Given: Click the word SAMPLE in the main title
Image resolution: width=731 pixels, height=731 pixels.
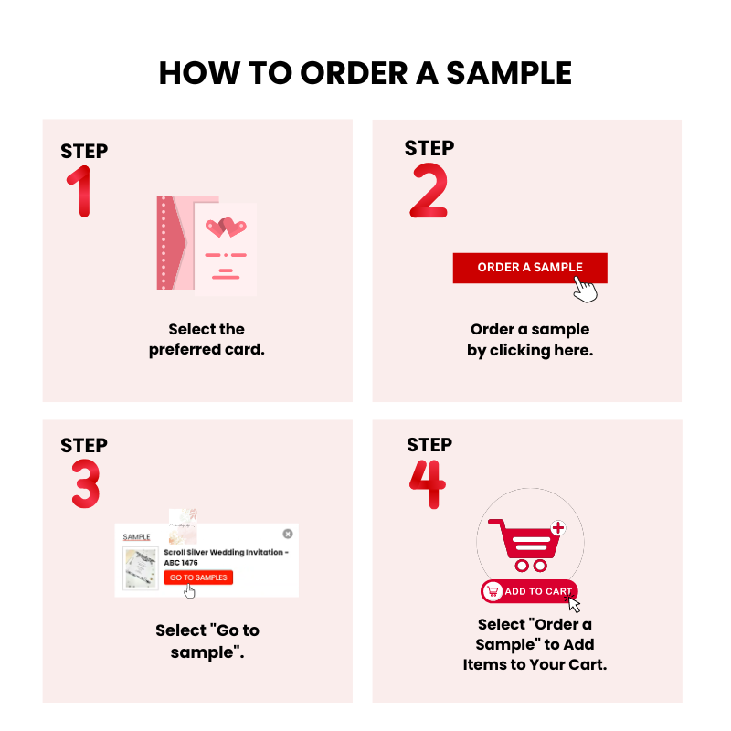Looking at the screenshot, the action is [509, 73].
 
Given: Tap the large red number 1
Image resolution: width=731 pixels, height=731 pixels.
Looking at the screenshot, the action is [80, 191].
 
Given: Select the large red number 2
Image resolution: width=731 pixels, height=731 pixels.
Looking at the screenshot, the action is [429, 190].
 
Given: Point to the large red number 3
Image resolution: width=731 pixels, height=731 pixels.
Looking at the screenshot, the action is [86, 483].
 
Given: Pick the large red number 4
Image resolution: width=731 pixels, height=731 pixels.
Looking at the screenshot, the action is [428, 484].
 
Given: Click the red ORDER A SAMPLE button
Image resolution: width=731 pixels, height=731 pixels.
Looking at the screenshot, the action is [530, 268].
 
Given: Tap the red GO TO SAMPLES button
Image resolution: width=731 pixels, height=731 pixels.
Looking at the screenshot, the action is [198, 577].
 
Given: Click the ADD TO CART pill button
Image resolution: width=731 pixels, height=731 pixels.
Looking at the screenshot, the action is [529, 591].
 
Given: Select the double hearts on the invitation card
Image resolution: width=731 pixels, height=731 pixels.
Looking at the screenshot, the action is [226, 227].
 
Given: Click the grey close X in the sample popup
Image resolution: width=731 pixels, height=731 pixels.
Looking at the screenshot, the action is [288, 534].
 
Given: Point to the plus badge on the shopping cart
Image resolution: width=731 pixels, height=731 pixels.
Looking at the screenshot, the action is [558, 528].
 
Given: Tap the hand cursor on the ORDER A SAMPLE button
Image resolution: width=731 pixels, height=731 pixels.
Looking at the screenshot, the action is [585, 290].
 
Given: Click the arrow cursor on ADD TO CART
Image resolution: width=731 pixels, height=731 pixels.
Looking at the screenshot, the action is [573, 603].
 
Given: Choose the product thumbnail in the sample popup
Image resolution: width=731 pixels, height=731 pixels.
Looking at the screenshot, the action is [141, 568].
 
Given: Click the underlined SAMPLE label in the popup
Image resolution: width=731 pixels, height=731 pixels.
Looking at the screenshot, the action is [136, 537].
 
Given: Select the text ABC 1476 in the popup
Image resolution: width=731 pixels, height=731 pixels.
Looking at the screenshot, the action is [181, 563].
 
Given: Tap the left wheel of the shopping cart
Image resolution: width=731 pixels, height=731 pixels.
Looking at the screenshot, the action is [522, 566].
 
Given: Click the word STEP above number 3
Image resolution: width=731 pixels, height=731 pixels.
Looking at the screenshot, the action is [84, 445].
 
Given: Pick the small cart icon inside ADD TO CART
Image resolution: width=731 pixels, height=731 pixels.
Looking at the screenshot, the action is [493, 591].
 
